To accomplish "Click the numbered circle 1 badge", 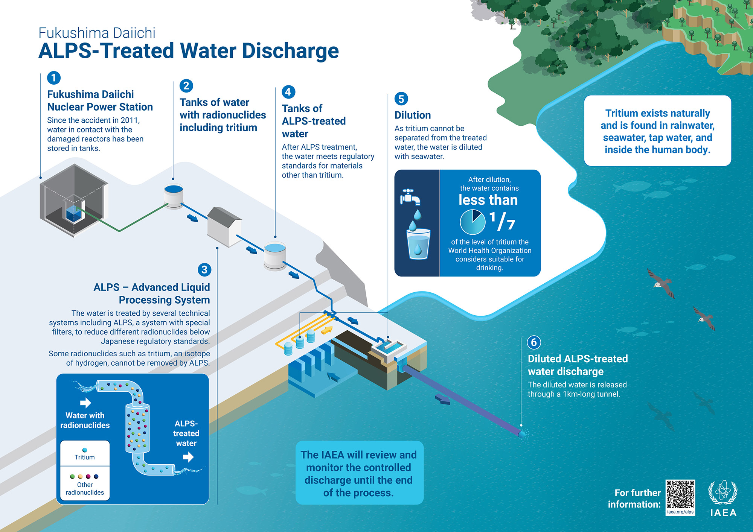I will pos(54,78).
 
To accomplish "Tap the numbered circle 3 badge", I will pos(204,269).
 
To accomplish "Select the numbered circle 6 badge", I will pos(534,342).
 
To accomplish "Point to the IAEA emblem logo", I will pos(723,492).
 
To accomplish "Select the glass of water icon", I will pos(418,244).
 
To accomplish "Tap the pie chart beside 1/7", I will pos(473,222).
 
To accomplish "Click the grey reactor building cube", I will pos(74,199).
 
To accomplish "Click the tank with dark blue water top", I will pos(174,196).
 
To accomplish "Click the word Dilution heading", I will pos(413,115).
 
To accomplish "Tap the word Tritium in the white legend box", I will pos(85,457).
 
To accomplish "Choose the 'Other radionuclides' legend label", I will pos(85,488).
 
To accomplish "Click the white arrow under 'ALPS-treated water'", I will pos(188,457).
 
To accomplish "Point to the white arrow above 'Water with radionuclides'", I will pos(85,403).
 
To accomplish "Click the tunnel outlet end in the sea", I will pos(522,434).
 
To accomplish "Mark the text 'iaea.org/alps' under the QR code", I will pos(680,512).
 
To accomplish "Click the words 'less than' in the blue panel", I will pos(488,200).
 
